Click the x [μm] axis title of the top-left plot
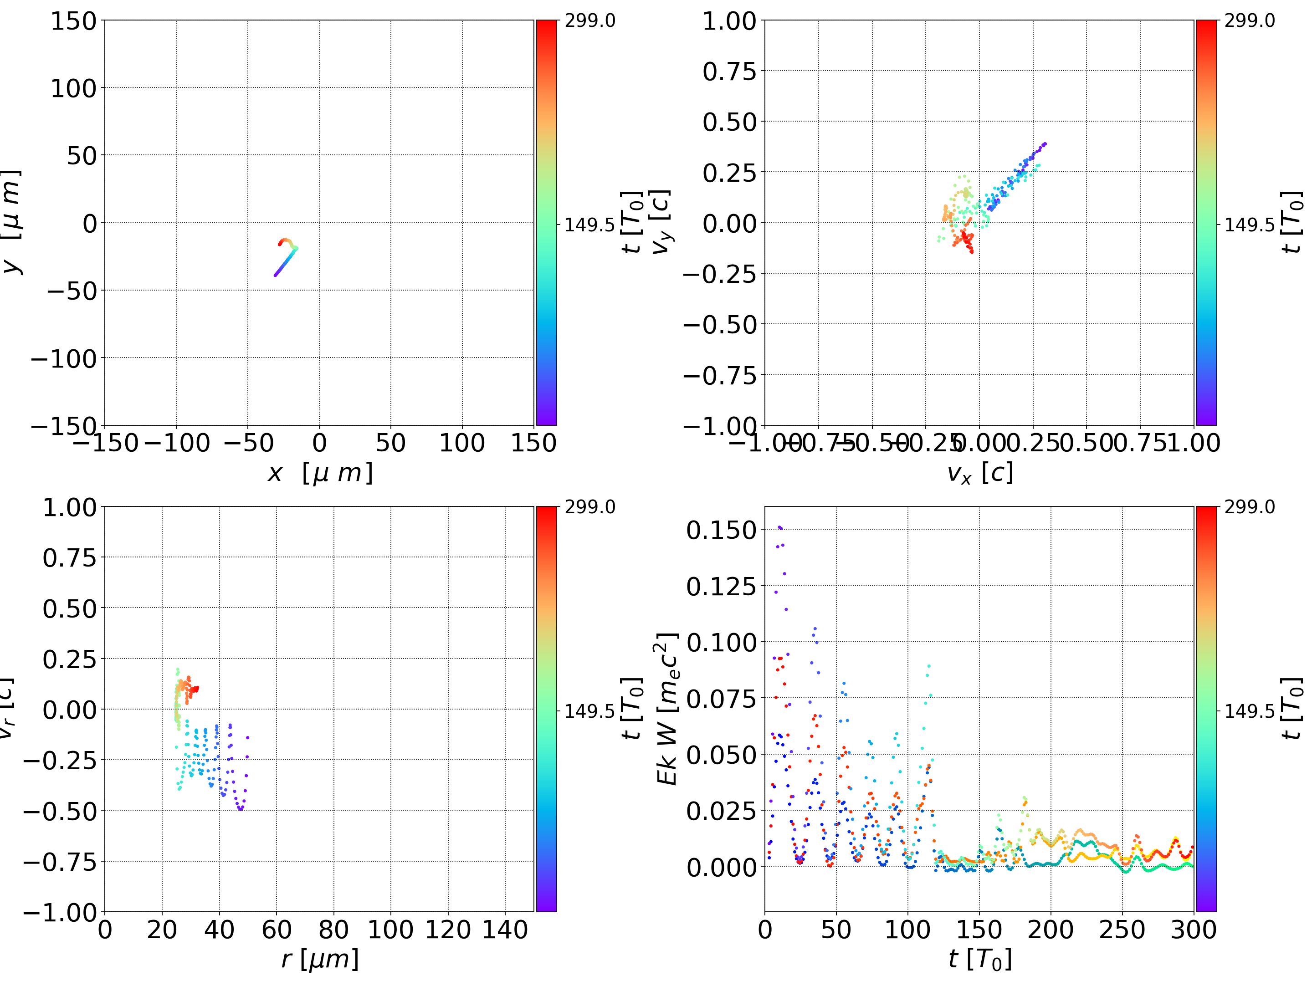pos(320,473)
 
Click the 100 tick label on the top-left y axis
pos(73,88)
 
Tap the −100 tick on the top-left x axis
pos(177,443)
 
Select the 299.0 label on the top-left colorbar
pos(589,21)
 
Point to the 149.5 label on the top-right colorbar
pos(1249,225)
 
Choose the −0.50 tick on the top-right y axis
pos(720,324)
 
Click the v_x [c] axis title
pos(980,473)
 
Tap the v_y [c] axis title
pos(661,222)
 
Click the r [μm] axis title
pos(320,959)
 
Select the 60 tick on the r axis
pos(277,930)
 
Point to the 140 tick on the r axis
pos(505,930)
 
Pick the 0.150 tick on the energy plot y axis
pos(721,530)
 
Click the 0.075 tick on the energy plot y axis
pos(721,699)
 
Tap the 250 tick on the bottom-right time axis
pos(1122,930)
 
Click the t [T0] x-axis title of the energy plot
pos(980,959)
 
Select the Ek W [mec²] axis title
pos(668,709)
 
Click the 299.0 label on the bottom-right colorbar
pos(1249,507)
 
